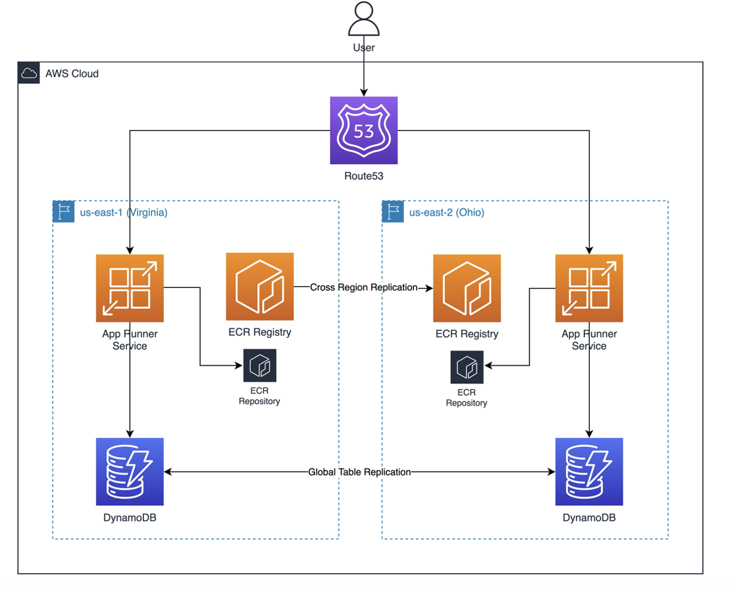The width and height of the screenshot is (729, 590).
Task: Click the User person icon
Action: coord(364,19)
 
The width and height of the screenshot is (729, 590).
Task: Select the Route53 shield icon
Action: coord(364,131)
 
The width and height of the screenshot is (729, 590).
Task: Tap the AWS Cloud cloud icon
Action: coord(29,73)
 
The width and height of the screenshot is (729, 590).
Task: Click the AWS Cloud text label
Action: coord(72,74)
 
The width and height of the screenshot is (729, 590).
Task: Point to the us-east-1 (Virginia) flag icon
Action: coord(64,211)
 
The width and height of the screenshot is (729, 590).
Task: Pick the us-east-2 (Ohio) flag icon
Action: coord(393,211)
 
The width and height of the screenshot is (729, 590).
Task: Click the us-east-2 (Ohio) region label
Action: coord(446,213)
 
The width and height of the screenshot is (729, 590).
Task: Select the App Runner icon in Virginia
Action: coord(130,288)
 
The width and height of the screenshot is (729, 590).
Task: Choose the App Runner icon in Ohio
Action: coord(589,288)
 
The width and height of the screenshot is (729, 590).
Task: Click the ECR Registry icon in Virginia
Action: coord(259,286)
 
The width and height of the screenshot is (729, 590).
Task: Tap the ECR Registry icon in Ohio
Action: coord(467,288)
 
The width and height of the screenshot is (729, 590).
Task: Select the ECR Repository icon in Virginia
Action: coord(259,365)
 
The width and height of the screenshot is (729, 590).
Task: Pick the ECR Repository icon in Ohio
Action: coord(467,367)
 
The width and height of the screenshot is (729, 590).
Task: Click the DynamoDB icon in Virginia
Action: coord(130,472)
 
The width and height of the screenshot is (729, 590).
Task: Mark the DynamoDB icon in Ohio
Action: coord(589,472)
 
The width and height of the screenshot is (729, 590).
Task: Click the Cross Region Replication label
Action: coord(363,287)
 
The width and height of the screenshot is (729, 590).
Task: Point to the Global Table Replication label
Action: coord(359,472)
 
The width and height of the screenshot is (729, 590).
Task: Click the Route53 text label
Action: coord(364,176)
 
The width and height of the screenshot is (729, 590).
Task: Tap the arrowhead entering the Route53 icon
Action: coord(364,92)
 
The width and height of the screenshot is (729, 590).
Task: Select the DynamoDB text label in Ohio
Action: coord(589,517)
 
